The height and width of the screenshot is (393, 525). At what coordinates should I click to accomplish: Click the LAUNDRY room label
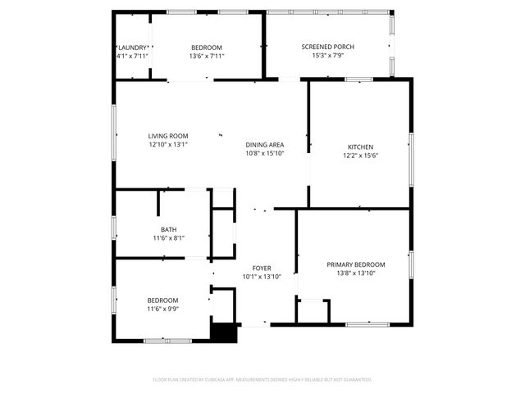coord(132,47)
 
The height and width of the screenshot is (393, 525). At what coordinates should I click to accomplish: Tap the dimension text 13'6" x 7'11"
coord(207,56)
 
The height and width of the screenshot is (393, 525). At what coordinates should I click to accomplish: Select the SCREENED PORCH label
coord(327,47)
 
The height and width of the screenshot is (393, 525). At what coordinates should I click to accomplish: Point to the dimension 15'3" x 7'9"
coord(327,56)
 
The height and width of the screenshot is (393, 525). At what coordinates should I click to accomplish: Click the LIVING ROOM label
coord(168,135)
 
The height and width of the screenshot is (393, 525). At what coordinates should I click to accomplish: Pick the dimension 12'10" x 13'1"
coord(168,144)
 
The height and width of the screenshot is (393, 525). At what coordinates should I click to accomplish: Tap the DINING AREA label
coord(265,144)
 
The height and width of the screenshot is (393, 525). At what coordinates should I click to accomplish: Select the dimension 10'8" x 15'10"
coord(265,153)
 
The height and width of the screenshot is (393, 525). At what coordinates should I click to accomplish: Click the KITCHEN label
coord(360,147)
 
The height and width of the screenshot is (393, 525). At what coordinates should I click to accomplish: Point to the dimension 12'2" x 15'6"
coord(360,156)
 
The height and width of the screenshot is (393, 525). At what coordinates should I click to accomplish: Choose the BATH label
coord(168,229)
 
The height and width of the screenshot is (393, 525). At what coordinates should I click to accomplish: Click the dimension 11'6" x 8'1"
coord(168,238)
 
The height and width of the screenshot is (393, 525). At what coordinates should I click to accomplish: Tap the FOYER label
coord(262,268)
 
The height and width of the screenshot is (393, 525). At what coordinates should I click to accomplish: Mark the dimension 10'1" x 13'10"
coord(262,277)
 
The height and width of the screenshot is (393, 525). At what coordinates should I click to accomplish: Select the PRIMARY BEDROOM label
coord(355,264)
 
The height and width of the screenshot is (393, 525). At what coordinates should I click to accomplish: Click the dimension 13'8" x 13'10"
coord(355,273)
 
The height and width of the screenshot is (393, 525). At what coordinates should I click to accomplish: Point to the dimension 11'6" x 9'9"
coord(162,309)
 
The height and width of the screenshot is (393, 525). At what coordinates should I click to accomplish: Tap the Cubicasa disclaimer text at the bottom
coord(262,380)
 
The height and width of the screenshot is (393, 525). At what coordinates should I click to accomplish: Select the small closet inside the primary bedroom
coord(313,312)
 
